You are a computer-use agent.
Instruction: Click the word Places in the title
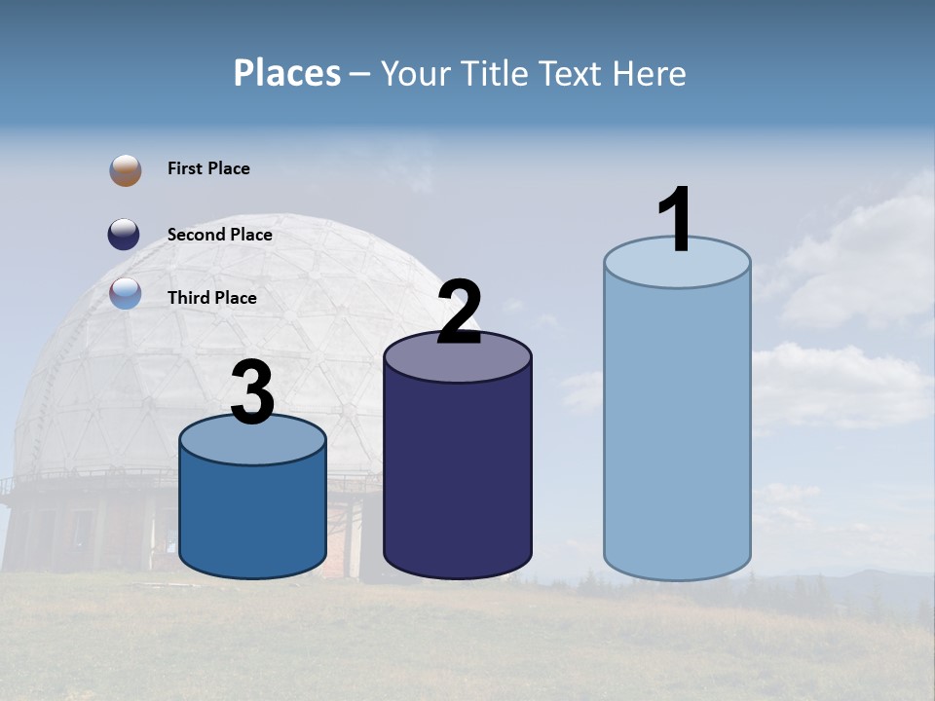click(286, 73)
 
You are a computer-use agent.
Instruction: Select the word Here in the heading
click(650, 73)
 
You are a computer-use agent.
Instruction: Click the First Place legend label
click(208, 168)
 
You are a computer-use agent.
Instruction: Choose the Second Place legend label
click(219, 235)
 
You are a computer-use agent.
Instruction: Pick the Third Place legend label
click(211, 298)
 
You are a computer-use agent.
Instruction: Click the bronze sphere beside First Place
click(126, 169)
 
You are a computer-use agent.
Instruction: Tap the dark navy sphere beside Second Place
click(124, 235)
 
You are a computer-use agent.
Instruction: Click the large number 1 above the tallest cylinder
click(676, 220)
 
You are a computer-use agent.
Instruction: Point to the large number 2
click(459, 314)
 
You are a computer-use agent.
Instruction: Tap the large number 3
click(252, 394)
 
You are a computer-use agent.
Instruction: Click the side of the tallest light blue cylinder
click(677, 428)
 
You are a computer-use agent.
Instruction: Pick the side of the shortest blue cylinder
click(252, 516)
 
